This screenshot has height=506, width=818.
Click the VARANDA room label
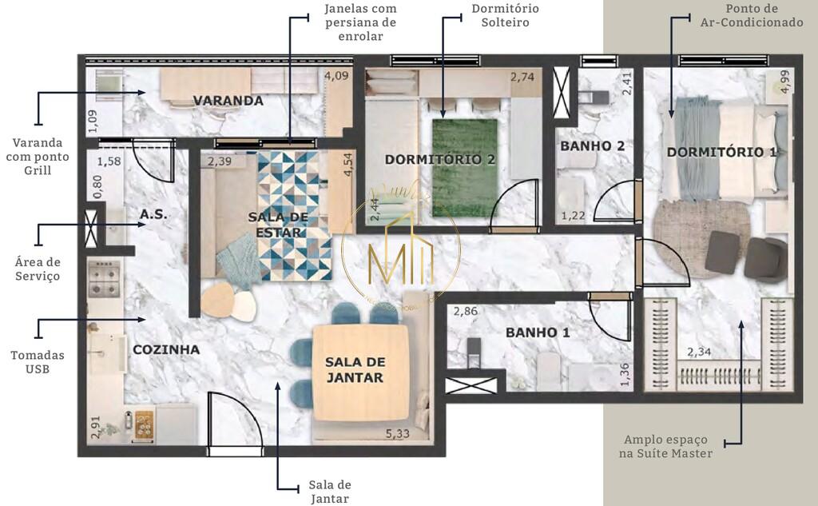point(228,101)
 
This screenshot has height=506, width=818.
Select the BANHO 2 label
point(592,146)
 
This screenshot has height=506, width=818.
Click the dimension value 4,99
point(785,82)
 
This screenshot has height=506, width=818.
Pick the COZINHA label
point(166,349)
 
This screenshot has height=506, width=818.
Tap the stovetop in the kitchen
point(105,277)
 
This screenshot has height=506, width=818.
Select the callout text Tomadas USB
point(38,362)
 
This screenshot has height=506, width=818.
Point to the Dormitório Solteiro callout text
point(504,15)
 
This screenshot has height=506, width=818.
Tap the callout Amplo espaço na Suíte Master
point(668,447)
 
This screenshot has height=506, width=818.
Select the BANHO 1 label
point(538,333)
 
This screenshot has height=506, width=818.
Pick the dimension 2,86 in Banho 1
point(466,313)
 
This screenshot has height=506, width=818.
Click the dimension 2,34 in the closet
point(701,350)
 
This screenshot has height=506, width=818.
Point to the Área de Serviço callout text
point(38,269)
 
